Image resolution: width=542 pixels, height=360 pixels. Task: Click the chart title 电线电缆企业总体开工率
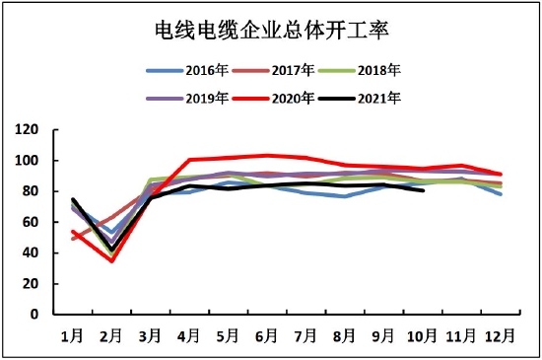(271, 33)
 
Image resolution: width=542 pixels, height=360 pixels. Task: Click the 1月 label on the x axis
(73, 335)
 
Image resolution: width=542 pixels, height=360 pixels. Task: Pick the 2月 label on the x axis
(111, 335)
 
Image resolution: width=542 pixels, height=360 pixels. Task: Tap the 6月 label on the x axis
(267, 335)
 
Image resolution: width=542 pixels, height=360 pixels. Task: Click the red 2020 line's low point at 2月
(111, 260)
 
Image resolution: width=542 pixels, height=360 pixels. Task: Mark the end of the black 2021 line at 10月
(423, 190)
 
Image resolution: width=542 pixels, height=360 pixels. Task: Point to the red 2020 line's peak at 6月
(267, 155)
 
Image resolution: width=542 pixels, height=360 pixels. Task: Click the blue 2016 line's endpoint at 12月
(501, 194)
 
